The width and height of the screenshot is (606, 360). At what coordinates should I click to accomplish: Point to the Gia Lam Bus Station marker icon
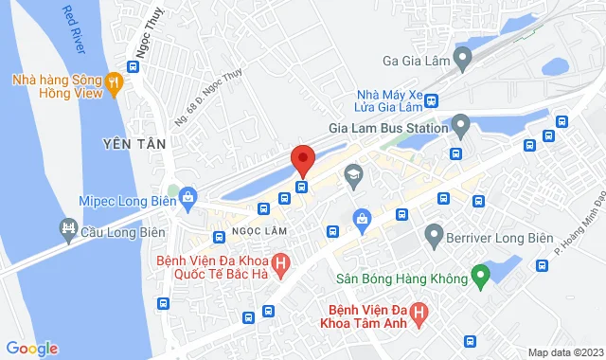tap(461, 124)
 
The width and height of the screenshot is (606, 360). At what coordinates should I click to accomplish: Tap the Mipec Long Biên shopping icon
tap(187, 198)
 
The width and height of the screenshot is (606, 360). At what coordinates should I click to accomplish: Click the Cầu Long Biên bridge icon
tap(68, 227)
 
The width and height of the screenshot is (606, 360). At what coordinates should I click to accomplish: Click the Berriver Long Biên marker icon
tap(435, 232)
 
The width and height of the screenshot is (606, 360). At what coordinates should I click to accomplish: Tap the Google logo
tap(31, 349)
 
